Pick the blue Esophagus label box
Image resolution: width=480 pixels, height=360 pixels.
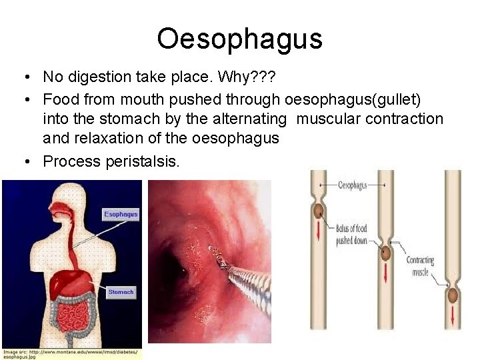[121, 214]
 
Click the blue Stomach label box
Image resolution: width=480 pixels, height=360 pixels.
[121, 292]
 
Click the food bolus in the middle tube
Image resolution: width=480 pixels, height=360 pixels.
[385, 254]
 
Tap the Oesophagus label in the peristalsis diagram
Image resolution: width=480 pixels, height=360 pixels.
[352, 185]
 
